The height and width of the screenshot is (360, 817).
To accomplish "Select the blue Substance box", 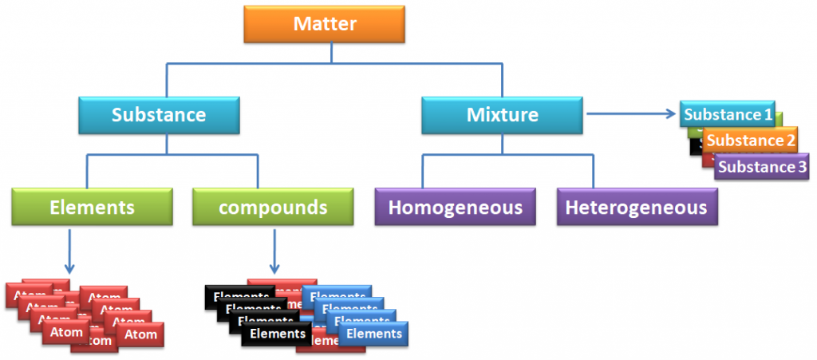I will pyautogui.click(x=158, y=115).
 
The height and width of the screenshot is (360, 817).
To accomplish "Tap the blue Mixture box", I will pyautogui.click(x=502, y=115).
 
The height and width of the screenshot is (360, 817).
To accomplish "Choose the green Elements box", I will pyautogui.click(x=91, y=208).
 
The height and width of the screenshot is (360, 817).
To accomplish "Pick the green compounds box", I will pyautogui.click(x=273, y=208).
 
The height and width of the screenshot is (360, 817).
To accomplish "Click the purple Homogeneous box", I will pyautogui.click(x=455, y=208).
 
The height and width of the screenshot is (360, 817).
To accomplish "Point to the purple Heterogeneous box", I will pyautogui.click(x=636, y=208).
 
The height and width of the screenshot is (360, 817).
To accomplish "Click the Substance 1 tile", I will pyautogui.click(x=728, y=115).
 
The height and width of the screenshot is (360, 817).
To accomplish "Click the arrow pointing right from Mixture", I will pyautogui.click(x=630, y=114).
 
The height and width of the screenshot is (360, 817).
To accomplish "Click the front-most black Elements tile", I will pyautogui.click(x=275, y=334).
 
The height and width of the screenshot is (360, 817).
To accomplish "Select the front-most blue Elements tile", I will pyautogui.click(x=373, y=334).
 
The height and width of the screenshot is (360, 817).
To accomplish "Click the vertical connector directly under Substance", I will pyautogui.click(x=166, y=144).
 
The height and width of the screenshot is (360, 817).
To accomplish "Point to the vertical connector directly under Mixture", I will pyautogui.click(x=502, y=144).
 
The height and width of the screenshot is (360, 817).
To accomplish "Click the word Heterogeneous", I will pyautogui.click(x=636, y=208).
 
